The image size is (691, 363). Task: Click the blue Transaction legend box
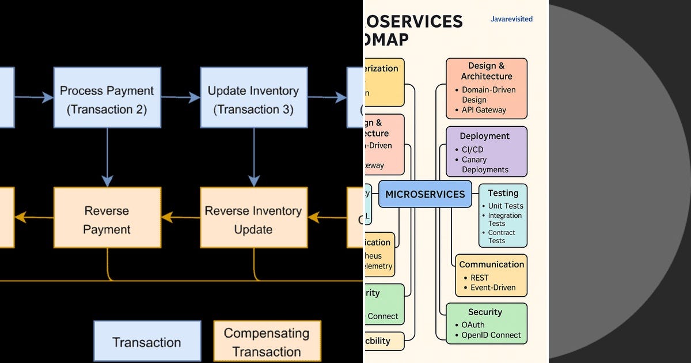[147, 342]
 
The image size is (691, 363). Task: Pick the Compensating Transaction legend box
[267, 342]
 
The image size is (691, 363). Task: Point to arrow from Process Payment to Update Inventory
[181, 98]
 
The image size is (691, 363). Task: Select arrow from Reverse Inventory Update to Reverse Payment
[181, 217]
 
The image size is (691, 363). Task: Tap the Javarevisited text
[511, 19]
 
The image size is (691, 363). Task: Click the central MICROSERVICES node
[425, 194]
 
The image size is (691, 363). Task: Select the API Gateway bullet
[484, 109]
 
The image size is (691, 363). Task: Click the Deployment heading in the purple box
[484, 136]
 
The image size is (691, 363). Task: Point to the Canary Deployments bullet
[485, 165]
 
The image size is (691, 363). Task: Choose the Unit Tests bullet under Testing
[505, 206]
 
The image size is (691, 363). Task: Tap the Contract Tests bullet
[501, 237]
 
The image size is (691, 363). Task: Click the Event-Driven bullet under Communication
[492, 288]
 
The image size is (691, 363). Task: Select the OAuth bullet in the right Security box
[473, 325]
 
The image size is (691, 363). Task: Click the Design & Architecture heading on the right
[487, 71]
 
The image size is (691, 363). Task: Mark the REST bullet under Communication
[479, 278]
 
